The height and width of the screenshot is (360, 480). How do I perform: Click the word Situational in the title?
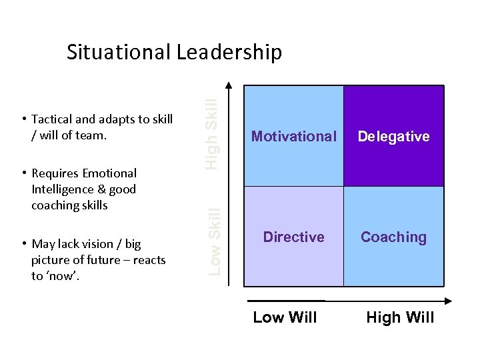(x=117, y=52)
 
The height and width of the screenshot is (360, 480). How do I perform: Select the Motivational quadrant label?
(x=294, y=137)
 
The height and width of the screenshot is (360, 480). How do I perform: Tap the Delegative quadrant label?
(x=393, y=137)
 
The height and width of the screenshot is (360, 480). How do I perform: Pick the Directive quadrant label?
(x=294, y=237)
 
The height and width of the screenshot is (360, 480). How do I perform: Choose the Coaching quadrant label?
(x=393, y=237)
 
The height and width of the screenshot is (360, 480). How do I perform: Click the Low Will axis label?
(x=285, y=317)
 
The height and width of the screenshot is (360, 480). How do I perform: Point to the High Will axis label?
(x=400, y=317)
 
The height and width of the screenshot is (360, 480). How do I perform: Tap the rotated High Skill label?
(x=211, y=133)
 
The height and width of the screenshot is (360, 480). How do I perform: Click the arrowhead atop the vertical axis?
(x=229, y=85)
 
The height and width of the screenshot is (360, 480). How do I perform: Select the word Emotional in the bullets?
(x=109, y=173)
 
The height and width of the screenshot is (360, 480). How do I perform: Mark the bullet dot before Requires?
(x=23, y=173)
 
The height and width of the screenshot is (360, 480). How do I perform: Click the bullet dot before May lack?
(x=23, y=244)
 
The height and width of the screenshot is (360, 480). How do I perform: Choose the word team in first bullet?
(x=91, y=136)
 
